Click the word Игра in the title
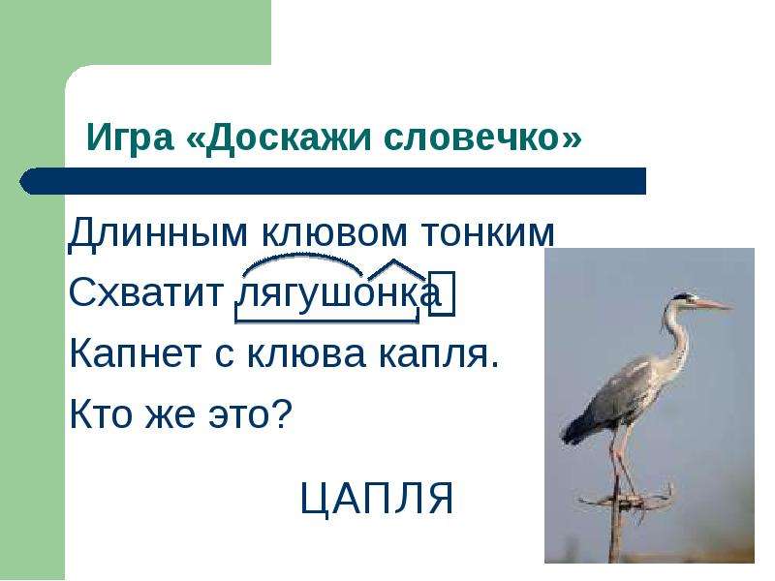(x=130, y=138)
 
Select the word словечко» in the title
(x=482, y=138)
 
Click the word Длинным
(x=158, y=232)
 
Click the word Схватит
(x=146, y=292)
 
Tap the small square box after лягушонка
(x=442, y=292)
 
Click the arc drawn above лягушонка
(x=301, y=257)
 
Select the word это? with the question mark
(x=250, y=414)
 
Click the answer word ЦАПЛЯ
(x=378, y=499)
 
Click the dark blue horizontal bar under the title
(x=332, y=181)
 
